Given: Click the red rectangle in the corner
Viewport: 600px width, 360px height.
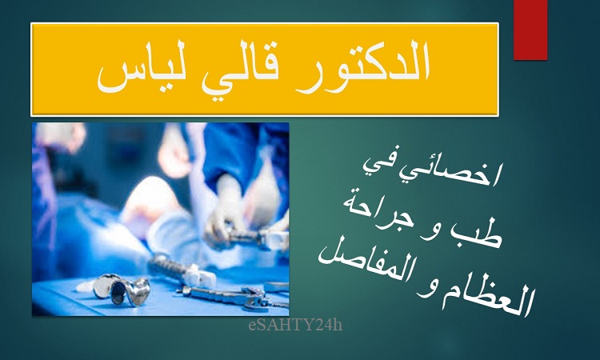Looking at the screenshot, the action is pos(530,30).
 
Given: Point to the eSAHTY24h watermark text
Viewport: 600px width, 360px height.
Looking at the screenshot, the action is pos(295,325).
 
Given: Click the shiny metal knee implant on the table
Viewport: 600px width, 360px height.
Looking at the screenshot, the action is pos(122,290).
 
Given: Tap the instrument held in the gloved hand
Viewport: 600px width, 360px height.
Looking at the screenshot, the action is pos(257,237).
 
